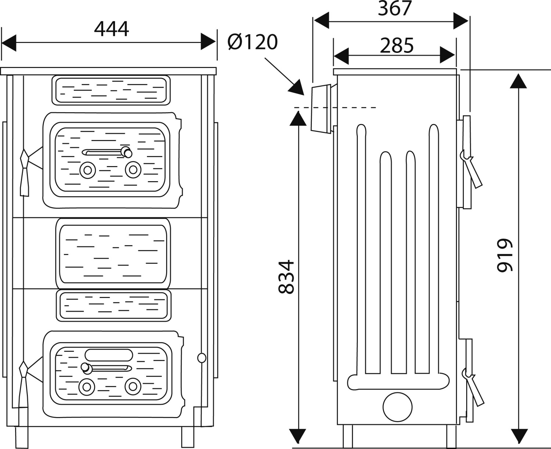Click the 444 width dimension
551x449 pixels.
click(112, 29)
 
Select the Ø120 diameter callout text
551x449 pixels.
click(253, 42)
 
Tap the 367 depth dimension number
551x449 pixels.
click(395, 8)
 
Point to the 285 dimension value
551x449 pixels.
click(397, 46)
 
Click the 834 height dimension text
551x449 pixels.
click(286, 277)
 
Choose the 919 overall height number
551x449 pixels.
click(505, 255)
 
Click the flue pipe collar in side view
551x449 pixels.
click(321, 109)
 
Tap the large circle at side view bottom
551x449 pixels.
click(397, 407)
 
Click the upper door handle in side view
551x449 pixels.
click(471, 169)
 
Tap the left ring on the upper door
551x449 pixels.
click(88, 170)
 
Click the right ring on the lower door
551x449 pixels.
click(133, 387)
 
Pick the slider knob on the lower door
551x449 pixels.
click(86, 368)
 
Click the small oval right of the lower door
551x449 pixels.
click(202, 358)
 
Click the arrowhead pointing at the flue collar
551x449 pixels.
click(296, 87)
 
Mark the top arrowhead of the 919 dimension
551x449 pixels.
click(518, 81)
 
